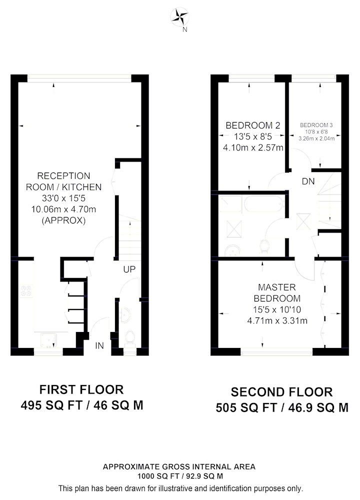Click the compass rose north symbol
[180, 17]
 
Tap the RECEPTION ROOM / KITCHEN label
[64, 181]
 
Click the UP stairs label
[129, 269]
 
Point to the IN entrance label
[99, 345]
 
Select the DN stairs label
[308, 181]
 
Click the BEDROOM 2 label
[253, 125]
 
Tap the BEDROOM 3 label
[316, 125]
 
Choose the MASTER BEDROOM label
[277, 292]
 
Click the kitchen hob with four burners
[26, 291]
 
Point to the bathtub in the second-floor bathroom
[264, 204]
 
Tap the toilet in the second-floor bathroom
[264, 246]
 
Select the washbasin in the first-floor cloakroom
[125, 314]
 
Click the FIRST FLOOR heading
[81, 389]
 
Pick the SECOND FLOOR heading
[281, 392]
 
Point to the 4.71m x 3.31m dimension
[277, 320]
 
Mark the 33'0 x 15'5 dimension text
[64, 198]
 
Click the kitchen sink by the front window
[48, 340]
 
